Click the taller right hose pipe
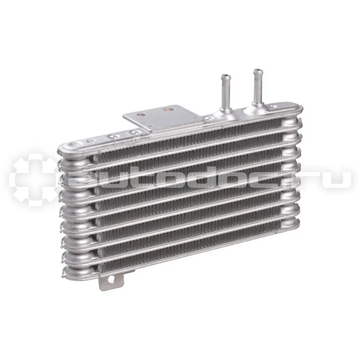pos(257,88)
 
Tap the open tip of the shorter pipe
pos(225,76)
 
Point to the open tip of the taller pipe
pos(258,70)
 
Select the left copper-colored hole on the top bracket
pos(141,114)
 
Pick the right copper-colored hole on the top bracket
pos(167,110)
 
